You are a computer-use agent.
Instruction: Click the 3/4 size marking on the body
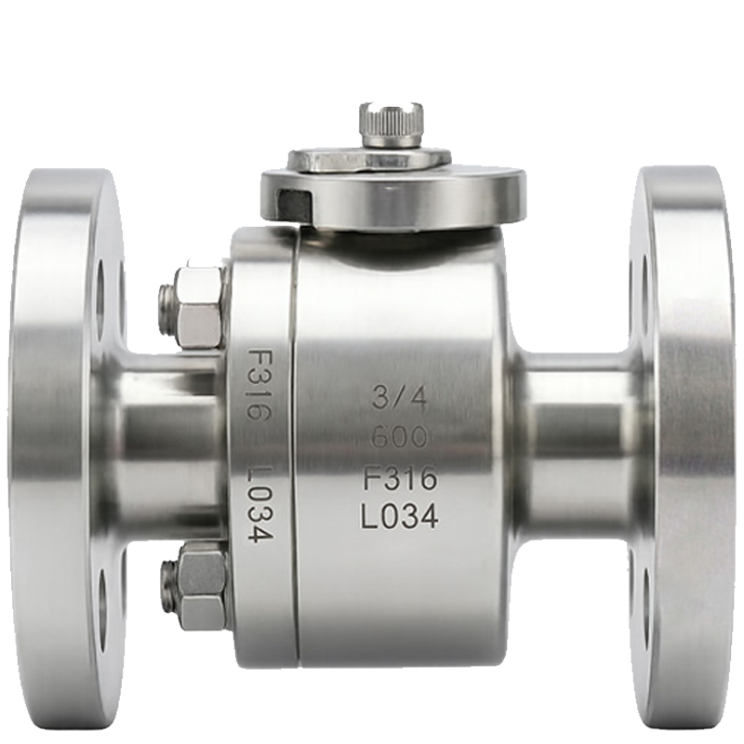pyautogui.click(x=399, y=397)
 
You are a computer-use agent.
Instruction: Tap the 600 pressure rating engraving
pyautogui.click(x=399, y=436)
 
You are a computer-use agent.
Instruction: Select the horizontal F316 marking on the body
pyautogui.click(x=399, y=478)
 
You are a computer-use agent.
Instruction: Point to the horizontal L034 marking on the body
pyautogui.click(x=399, y=517)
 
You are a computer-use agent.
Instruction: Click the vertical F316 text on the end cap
pyautogui.click(x=259, y=384)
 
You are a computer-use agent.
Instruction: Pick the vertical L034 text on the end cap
pyautogui.click(x=259, y=505)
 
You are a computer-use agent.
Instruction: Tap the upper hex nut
pyautogui.click(x=199, y=306)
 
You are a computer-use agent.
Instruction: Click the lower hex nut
pyautogui.click(x=203, y=585)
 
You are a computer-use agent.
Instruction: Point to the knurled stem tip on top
pyautogui.click(x=391, y=125)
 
